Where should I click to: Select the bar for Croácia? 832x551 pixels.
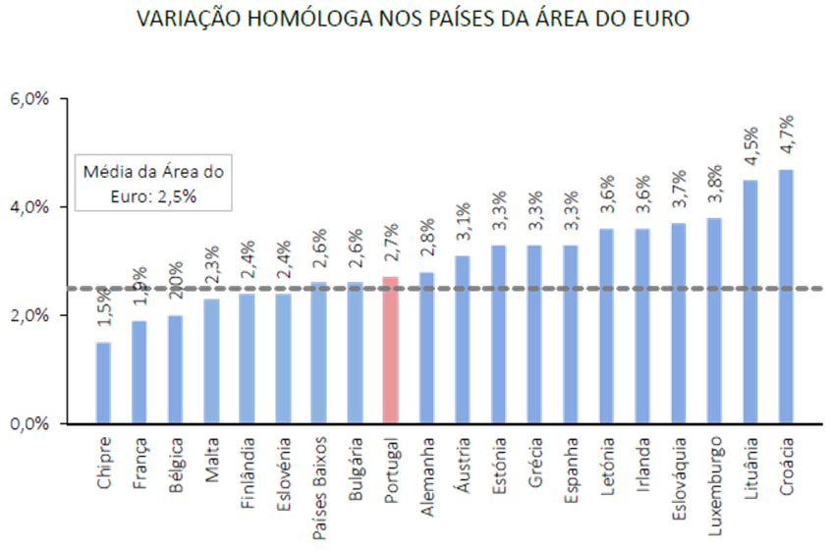(786, 295)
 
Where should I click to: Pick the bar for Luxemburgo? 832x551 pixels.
(714, 319)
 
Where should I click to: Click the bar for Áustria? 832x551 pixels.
(463, 338)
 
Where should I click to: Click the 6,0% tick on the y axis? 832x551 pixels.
(28, 99)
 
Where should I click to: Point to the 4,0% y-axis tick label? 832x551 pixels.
(28, 207)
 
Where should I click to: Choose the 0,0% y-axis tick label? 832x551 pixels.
(28, 422)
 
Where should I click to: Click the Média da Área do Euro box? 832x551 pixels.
(153, 183)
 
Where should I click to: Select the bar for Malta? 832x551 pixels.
(211, 359)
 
